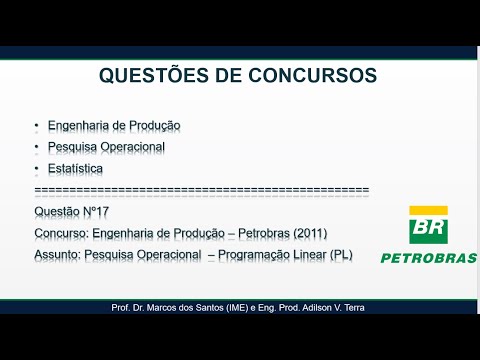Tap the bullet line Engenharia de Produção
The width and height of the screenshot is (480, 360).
(x=113, y=126)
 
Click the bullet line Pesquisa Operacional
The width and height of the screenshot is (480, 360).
(x=105, y=147)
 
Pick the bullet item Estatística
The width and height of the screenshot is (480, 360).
(x=74, y=168)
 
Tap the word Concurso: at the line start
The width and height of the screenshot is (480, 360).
(x=58, y=233)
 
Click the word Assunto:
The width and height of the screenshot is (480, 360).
(x=57, y=255)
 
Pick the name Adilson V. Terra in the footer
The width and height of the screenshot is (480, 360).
(x=332, y=308)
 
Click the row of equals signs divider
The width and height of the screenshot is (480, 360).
(x=201, y=190)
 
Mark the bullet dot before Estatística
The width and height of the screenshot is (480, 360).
(x=36, y=168)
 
